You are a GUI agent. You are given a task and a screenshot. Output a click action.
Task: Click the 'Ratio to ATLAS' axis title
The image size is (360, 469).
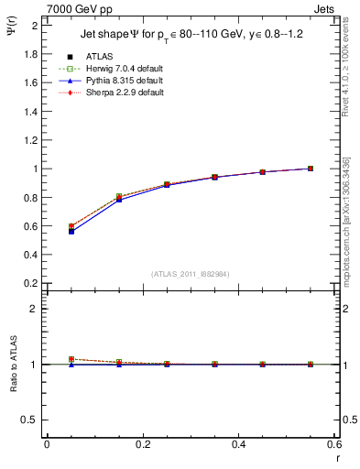click(13, 364)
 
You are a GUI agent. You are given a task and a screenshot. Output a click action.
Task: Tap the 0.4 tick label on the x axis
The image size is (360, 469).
click(239, 444)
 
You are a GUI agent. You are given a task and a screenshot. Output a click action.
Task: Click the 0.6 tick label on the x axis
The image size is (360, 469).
click(335, 444)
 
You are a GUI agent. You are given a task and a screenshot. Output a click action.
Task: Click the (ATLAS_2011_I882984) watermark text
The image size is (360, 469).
click(191, 273)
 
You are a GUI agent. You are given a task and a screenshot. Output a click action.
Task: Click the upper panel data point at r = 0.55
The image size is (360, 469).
click(311, 169)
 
